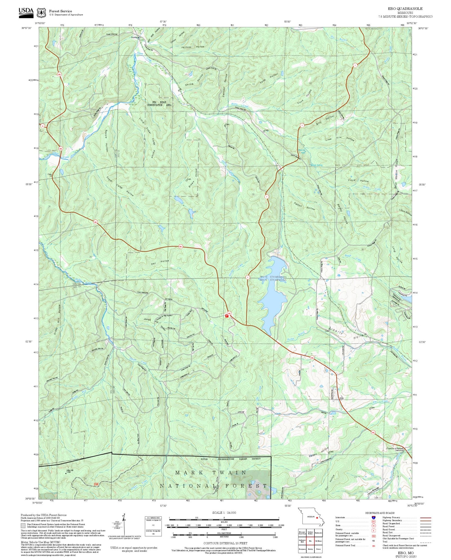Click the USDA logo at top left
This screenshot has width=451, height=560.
click(x=26, y=12)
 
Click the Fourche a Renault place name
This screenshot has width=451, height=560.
click(x=395, y=448)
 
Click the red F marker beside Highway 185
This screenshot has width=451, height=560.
click(x=227, y=316)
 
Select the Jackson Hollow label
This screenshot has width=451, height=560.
click(x=193, y=47)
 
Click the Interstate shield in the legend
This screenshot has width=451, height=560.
click(x=373, y=517)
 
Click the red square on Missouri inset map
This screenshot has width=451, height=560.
click(x=317, y=518)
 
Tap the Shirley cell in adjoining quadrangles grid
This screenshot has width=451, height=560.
click(x=310, y=549)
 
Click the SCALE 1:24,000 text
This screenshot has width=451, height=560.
click(x=224, y=513)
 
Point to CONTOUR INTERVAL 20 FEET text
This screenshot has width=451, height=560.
click(x=225, y=543)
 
